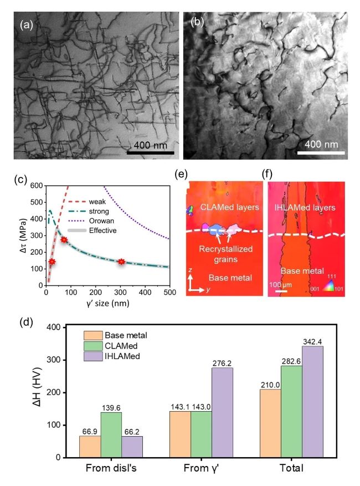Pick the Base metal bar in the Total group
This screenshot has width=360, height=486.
(269, 423)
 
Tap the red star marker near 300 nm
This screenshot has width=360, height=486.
(121, 262)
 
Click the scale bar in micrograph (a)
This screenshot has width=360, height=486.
(150, 152)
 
